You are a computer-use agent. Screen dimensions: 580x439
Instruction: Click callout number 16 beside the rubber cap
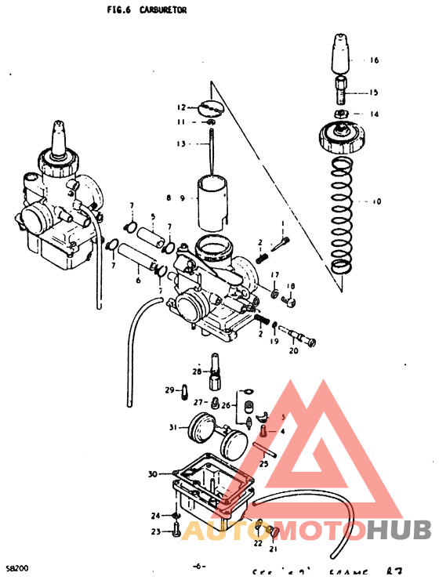374,60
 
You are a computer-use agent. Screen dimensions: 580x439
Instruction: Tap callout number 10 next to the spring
376,201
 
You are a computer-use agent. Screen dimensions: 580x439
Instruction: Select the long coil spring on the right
339,216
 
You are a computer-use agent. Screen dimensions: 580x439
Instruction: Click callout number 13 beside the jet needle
181,143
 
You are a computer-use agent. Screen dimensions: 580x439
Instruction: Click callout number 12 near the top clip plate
181,107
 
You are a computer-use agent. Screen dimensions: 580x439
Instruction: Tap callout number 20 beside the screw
294,350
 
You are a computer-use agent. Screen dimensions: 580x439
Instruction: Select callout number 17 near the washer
275,274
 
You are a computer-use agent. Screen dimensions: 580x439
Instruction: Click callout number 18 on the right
291,286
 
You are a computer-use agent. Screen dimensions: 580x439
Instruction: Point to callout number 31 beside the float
173,427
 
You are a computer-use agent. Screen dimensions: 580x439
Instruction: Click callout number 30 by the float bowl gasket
152,474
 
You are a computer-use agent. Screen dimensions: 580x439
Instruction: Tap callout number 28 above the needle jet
197,372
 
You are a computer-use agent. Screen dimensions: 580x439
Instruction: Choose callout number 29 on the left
169,390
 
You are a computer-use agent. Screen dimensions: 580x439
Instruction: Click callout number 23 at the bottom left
155,531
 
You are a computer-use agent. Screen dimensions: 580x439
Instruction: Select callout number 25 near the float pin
263,464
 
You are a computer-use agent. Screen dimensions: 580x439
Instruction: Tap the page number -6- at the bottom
199,565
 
